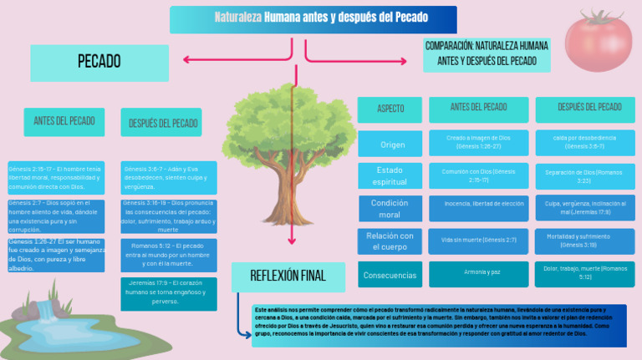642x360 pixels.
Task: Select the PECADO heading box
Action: [99, 61]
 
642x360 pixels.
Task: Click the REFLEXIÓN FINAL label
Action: [288, 276]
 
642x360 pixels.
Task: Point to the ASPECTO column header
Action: [390, 109]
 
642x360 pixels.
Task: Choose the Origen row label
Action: [392, 145]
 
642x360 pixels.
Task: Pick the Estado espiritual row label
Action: [390, 175]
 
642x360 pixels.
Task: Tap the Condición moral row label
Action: [390, 209]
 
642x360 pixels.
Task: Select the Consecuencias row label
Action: [390, 275]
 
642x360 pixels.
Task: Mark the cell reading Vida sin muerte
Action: [479, 241]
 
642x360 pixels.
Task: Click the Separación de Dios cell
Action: [583, 175]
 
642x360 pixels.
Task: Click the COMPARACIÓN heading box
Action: [487, 54]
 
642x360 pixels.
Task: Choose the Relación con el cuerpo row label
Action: [390, 241]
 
